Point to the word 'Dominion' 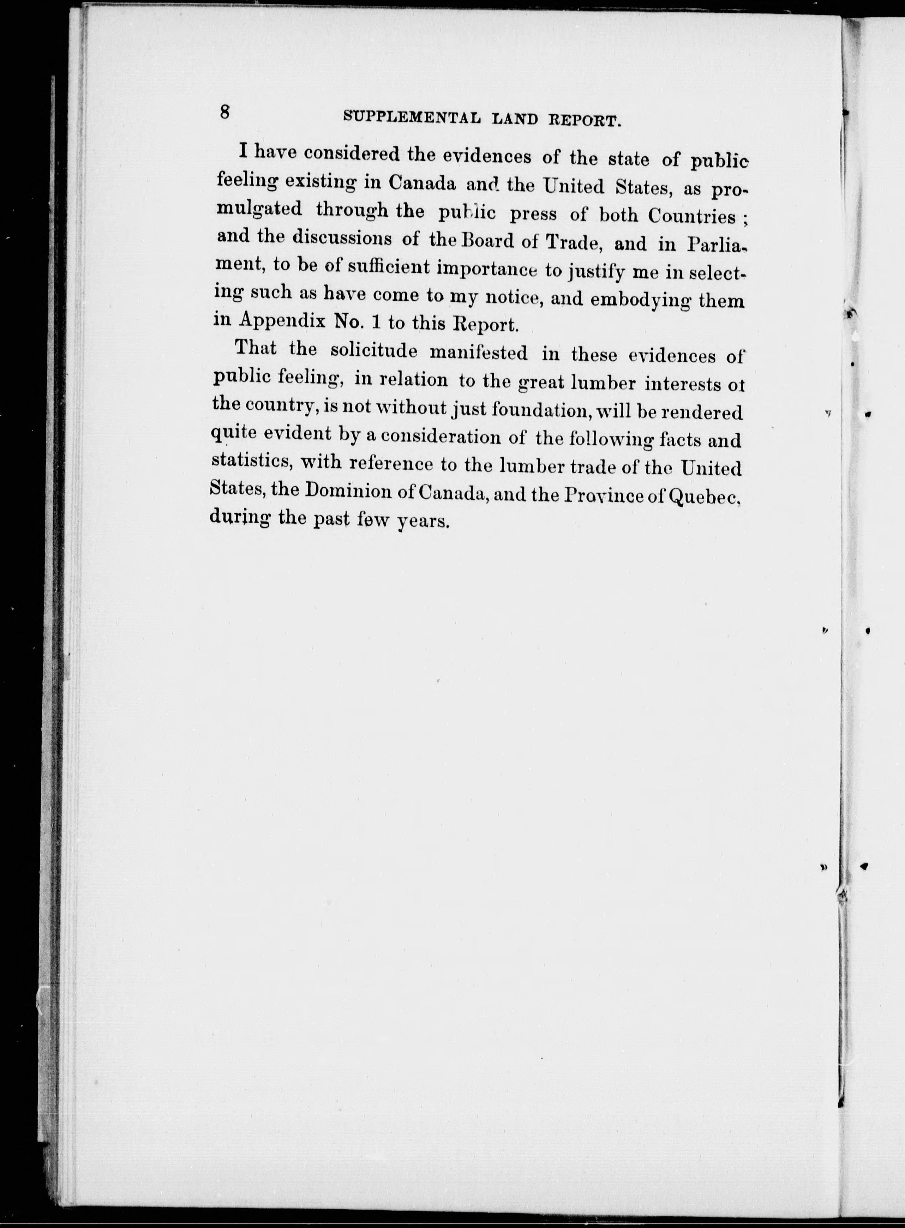coord(348,490)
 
